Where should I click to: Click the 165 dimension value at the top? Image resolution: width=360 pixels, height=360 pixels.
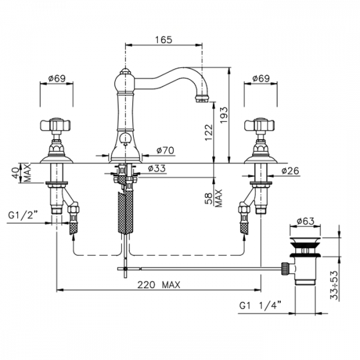163,40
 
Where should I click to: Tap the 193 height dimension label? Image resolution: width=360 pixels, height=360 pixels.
224,115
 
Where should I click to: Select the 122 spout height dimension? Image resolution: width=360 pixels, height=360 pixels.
209,133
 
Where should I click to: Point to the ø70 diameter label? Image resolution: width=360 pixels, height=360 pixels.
166,151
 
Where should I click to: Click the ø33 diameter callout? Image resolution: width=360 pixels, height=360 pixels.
157,168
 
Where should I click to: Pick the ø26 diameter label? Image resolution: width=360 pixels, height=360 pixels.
290,171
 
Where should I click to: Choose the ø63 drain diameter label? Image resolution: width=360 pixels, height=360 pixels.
305,221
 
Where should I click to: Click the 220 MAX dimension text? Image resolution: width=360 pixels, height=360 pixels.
158,285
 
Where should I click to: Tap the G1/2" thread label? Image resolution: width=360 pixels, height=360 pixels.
23,215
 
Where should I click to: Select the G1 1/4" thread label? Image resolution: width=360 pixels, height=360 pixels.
260,305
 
